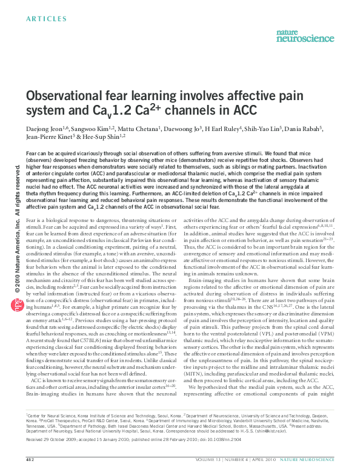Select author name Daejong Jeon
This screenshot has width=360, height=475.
(44, 129)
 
